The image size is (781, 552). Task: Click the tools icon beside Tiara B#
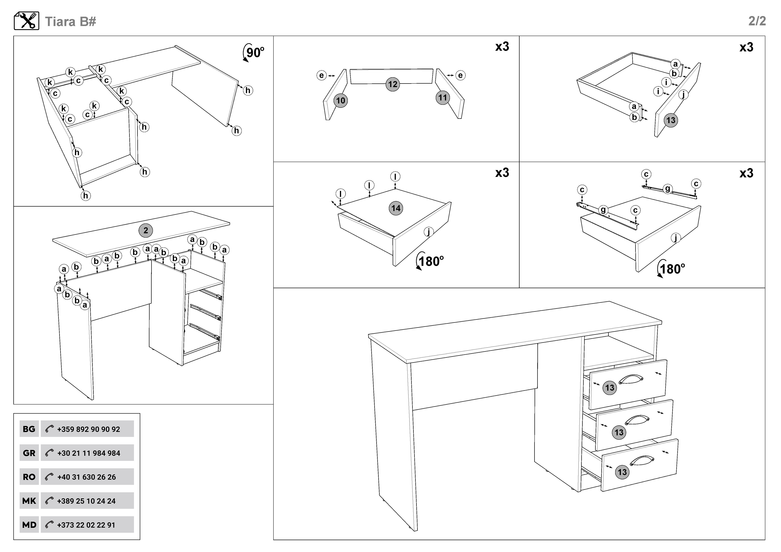27,21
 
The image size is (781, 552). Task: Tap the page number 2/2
757,21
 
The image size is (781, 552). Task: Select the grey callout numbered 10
340,101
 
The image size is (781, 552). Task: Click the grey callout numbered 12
393,84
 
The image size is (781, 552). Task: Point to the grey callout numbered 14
396,208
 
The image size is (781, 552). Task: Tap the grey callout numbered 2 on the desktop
146,230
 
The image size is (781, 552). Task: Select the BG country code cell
29,429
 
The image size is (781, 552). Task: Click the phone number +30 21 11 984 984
88,453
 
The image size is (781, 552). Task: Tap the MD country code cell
29,525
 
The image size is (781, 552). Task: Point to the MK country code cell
29,501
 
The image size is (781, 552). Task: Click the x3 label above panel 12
502,47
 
